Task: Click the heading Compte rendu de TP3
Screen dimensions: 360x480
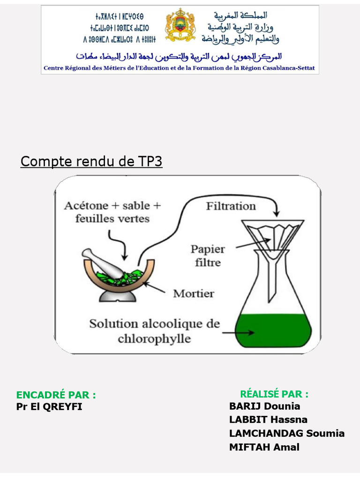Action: [x=91, y=162]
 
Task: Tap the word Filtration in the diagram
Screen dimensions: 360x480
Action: [x=231, y=206]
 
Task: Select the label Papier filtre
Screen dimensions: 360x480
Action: [x=208, y=255]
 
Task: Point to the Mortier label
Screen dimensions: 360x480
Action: [x=194, y=294]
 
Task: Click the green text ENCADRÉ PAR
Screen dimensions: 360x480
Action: [x=56, y=395]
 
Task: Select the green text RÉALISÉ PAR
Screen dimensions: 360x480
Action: [x=274, y=394]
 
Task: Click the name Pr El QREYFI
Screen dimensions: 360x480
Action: [x=49, y=406]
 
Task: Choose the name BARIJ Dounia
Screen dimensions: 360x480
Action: [x=264, y=406]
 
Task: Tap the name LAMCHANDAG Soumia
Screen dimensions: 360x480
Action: [x=286, y=433]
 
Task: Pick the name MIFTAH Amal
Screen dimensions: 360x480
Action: [x=264, y=447]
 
